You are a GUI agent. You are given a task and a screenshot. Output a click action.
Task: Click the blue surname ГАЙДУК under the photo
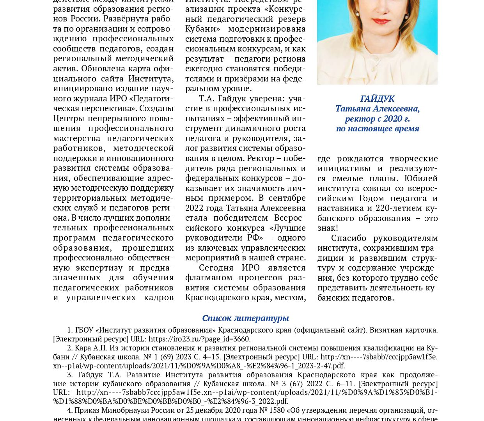point(377,99)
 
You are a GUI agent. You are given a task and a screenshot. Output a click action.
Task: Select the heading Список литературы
point(245,318)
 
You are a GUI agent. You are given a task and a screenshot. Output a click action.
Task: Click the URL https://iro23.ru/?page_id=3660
point(199,339)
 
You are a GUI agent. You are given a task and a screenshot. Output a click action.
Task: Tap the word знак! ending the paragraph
point(328,228)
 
